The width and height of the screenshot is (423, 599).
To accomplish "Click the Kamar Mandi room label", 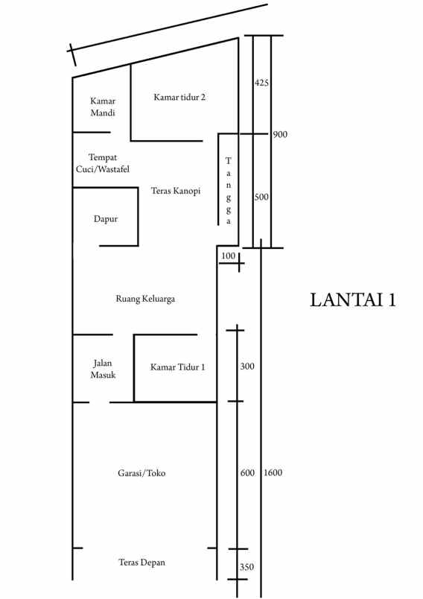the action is point(103,107).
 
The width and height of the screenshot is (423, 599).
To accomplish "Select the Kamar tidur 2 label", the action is point(179,98).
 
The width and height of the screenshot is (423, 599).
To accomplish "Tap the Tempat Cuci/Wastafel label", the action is point(103,163).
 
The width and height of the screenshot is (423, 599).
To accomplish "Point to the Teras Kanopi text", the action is point(176,191).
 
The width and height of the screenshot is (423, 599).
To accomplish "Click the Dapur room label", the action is point(106,219).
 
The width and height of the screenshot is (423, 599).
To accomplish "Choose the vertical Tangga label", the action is point(229,191).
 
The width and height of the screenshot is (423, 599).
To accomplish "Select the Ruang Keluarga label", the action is point(145,299).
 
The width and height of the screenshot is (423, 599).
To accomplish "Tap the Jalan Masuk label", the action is point(103,369).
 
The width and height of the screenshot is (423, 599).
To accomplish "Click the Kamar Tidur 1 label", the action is point(177,367).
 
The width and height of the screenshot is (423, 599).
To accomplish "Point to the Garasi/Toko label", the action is point(141,473).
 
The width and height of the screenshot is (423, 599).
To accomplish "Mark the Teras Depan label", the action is point(142,562).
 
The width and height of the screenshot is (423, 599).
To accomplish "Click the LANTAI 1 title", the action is point(353,300).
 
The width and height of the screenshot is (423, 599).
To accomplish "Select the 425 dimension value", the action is point(261,83).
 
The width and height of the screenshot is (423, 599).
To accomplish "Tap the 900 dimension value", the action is point(280,134).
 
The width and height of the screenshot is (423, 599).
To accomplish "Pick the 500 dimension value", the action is point(261,197).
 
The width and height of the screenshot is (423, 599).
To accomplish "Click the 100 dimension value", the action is point(229,256).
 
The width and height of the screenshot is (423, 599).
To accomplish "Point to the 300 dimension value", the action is point(247,367).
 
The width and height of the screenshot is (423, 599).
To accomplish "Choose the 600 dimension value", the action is point(247,472).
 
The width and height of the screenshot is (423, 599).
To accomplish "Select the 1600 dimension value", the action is point(273,472).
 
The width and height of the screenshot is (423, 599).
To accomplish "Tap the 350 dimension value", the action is point(247,567).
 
